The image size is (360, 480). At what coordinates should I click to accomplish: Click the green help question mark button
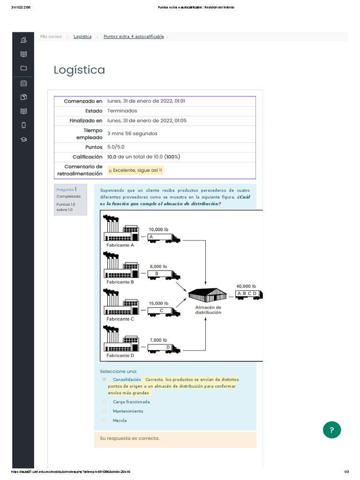tap(331, 429)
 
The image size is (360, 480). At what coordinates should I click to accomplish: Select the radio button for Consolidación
tap(104, 379)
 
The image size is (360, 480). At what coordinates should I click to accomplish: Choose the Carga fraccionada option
tap(104, 402)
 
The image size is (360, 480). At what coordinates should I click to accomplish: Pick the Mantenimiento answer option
tap(104, 411)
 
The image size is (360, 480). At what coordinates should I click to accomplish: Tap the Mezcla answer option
tap(104, 420)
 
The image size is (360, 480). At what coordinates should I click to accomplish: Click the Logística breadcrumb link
tap(82, 37)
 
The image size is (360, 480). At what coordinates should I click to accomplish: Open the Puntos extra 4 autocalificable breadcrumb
tap(134, 37)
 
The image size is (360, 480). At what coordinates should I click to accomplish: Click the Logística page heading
tap(79, 70)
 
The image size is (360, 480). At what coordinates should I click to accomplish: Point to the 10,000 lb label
tap(158, 229)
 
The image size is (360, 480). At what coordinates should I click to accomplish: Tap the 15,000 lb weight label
tap(158, 303)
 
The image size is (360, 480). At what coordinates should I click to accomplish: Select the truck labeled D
tap(164, 348)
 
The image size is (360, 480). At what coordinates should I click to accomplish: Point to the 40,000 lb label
tap(246, 286)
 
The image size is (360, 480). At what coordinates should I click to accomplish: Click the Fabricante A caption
tap(120, 245)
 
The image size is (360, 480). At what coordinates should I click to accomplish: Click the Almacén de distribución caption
tap(208, 310)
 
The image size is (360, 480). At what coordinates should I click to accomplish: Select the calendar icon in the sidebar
tap(23, 83)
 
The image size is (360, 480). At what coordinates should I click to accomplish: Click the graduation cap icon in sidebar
tap(23, 139)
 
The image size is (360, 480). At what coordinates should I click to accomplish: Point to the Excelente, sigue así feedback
tap(135, 170)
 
